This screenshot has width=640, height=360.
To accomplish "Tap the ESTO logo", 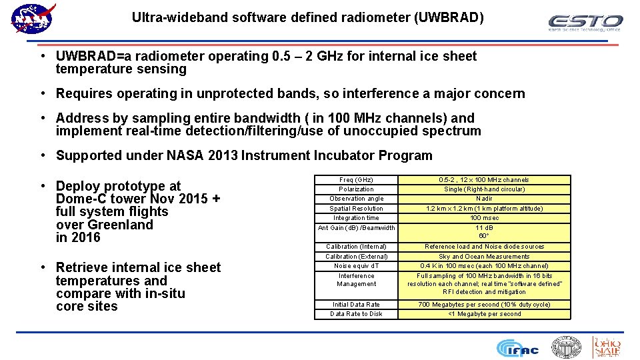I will tap(585, 23).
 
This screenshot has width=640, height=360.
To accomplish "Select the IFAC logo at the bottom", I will tap(518, 347).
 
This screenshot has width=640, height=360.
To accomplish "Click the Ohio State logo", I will tap(606, 347).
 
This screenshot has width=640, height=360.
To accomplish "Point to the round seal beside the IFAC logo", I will tap(566, 347).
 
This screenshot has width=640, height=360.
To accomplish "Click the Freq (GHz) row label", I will tap(356, 180).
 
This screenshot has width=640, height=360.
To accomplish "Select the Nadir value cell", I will tap(484, 199).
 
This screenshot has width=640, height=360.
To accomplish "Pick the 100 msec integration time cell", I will tap(484, 218).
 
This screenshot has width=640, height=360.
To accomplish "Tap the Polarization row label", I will tap(356, 189).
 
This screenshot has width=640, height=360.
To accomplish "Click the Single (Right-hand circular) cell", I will tap(484, 189).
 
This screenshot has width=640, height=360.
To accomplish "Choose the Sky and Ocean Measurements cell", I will tap(484, 257).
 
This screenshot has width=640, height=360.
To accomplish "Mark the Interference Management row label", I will tap(356, 280).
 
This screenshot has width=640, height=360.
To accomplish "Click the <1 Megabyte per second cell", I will tap(484, 314).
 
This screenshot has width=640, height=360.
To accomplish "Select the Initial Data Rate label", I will tap(356, 305).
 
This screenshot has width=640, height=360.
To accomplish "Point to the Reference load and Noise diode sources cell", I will tap(484, 247).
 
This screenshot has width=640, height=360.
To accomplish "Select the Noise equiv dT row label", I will tap(356, 266).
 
